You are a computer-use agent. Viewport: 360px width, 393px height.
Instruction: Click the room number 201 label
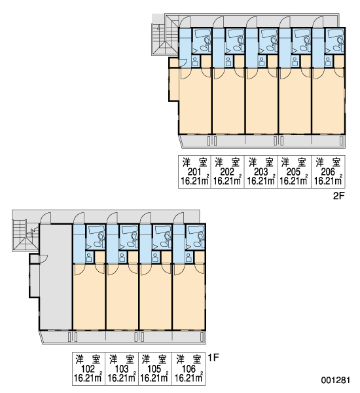(194, 172)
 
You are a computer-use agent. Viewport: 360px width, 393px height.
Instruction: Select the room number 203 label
(261, 172)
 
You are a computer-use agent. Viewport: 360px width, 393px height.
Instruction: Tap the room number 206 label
(328, 172)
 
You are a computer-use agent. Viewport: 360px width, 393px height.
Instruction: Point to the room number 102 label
(88, 369)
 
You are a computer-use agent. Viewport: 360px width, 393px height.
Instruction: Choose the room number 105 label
(154, 369)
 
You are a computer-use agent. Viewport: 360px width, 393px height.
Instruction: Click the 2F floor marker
(339, 196)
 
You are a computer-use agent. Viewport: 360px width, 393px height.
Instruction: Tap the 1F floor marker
(213, 358)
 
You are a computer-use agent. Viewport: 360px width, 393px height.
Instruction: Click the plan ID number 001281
(335, 380)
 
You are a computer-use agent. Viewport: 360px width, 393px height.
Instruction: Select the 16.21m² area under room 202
(228, 181)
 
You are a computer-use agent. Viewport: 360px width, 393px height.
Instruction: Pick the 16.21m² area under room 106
(189, 378)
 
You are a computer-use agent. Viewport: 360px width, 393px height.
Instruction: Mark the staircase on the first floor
(25, 235)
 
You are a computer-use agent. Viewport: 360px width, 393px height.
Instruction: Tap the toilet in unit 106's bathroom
(201, 236)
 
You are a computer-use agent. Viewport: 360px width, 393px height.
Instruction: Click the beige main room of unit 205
(295, 101)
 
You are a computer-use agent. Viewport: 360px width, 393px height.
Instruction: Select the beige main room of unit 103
(122, 297)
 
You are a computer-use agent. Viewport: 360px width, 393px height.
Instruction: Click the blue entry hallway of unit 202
(219, 47)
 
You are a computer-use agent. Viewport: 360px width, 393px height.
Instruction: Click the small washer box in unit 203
(262, 61)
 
